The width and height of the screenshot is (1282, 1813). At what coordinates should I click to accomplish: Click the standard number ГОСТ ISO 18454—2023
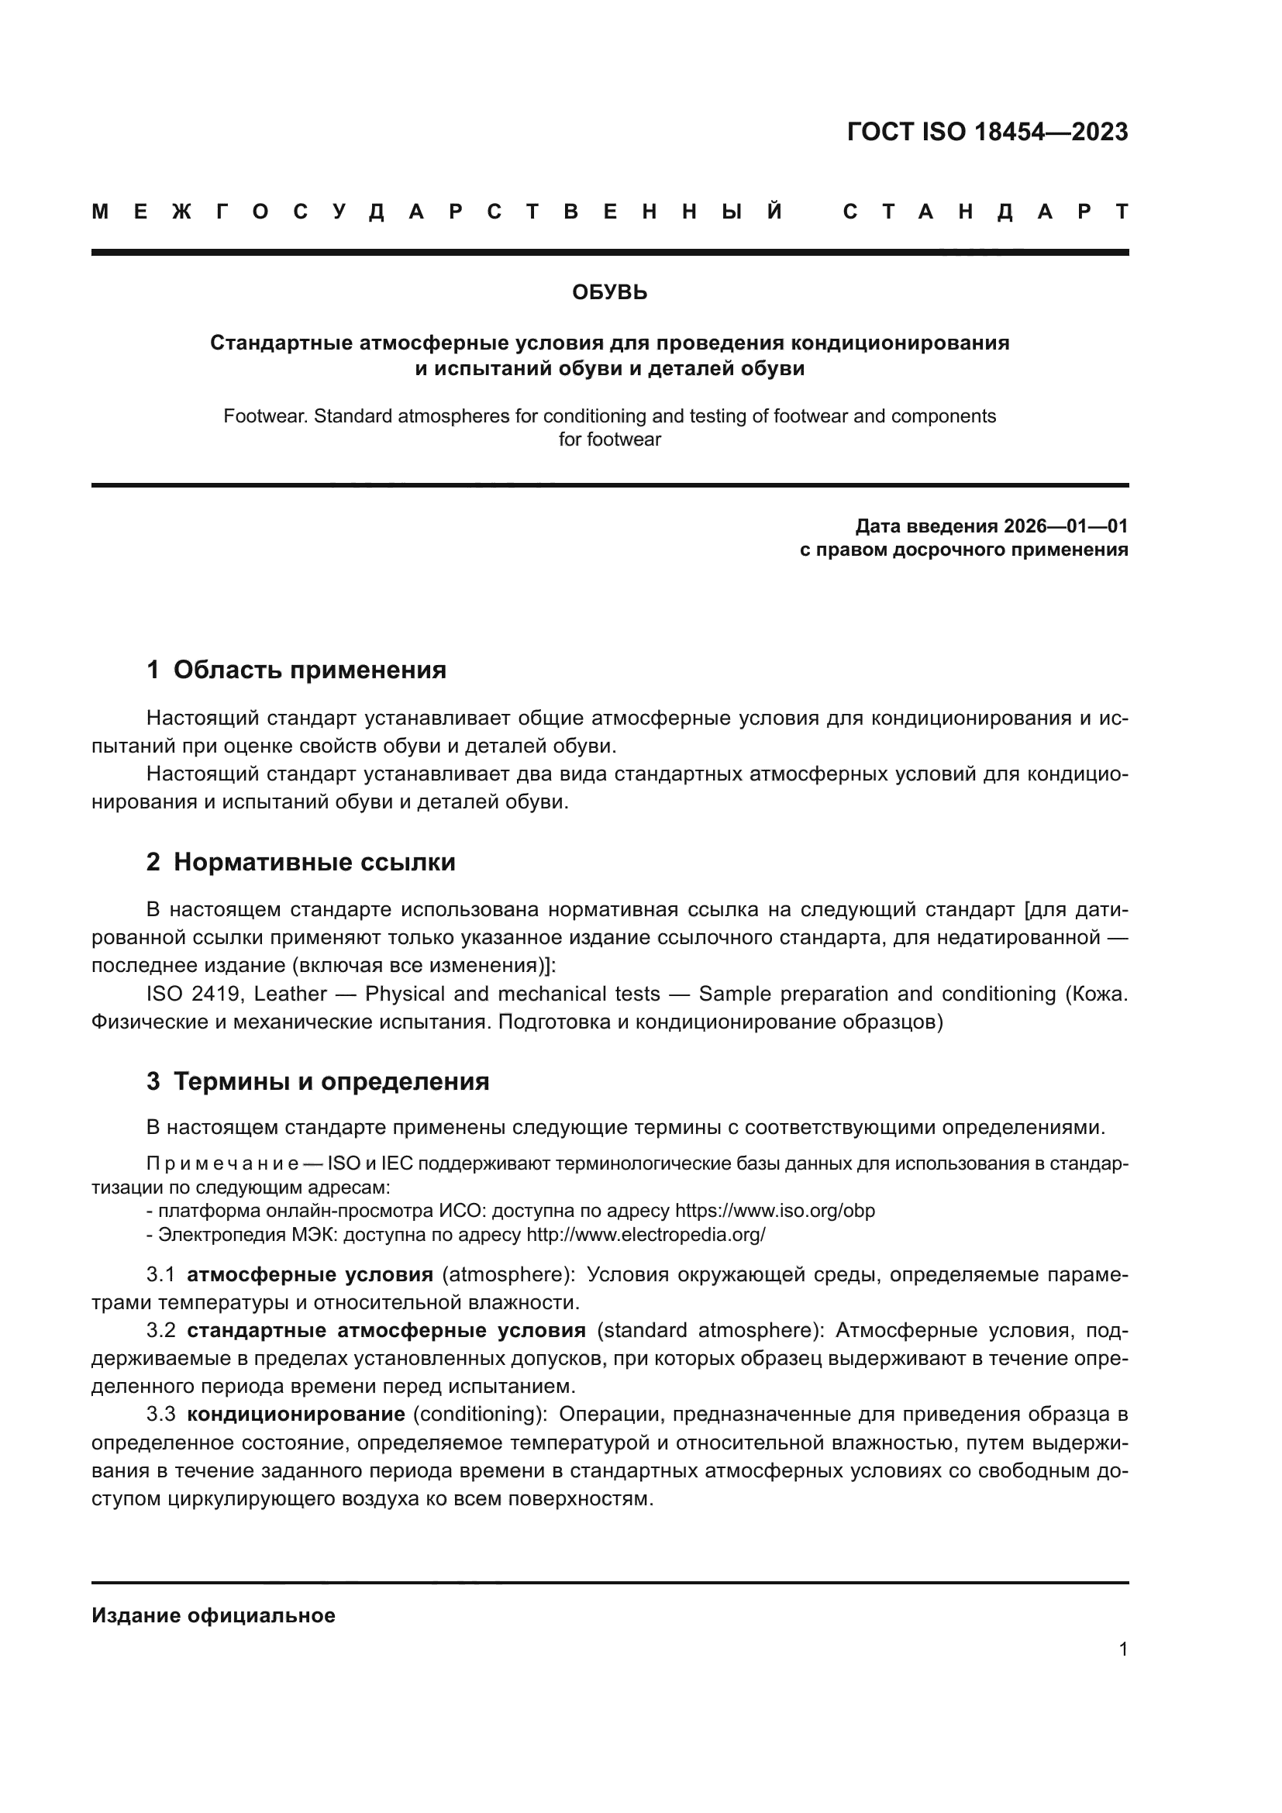[x=987, y=132]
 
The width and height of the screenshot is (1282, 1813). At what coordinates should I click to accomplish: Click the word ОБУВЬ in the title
[x=609, y=293]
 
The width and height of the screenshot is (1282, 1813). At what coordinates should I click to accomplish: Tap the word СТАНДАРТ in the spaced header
[x=985, y=212]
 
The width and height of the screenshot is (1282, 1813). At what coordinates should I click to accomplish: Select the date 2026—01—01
[x=1065, y=526]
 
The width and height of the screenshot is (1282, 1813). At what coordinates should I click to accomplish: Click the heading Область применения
[x=309, y=670]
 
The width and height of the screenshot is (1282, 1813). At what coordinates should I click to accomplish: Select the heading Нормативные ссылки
[x=314, y=861]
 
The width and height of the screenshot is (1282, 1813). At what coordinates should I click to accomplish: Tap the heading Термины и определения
[x=331, y=1081]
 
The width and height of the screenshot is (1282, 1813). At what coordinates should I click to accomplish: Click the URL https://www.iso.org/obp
[x=774, y=1211]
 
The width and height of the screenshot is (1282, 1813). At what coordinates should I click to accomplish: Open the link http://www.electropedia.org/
[x=645, y=1234]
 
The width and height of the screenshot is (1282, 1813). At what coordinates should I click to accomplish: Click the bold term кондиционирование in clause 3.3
[x=295, y=1414]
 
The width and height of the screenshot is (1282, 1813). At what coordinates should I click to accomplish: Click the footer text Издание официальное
[x=213, y=1615]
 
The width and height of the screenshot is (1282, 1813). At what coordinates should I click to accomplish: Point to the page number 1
[x=1122, y=1649]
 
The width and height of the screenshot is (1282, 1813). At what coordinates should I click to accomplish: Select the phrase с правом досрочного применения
[x=963, y=550]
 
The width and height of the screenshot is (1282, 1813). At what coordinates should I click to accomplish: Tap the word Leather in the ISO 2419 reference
[x=290, y=994]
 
